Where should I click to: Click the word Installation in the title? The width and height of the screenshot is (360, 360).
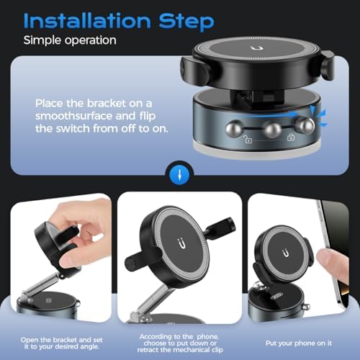pyautogui.click(x=87, y=21)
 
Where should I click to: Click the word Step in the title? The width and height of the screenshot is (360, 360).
pyautogui.click(x=186, y=22)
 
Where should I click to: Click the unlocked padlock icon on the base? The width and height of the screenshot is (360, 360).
pyautogui.click(x=248, y=139)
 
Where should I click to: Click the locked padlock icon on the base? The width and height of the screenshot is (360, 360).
pyautogui.click(x=291, y=138)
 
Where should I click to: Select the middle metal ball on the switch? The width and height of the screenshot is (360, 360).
pyautogui.click(x=273, y=130)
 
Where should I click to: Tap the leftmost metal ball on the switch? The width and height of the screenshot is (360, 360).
pyautogui.click(x=234, y=129)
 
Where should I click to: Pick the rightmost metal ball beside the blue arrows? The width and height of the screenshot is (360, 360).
pyautogui.click(x=305, y=126)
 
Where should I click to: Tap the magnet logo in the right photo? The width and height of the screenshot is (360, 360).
pyautogui.click(x=286, y=253)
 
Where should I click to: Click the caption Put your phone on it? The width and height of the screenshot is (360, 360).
pyautogui.click(x=299, y=343)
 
